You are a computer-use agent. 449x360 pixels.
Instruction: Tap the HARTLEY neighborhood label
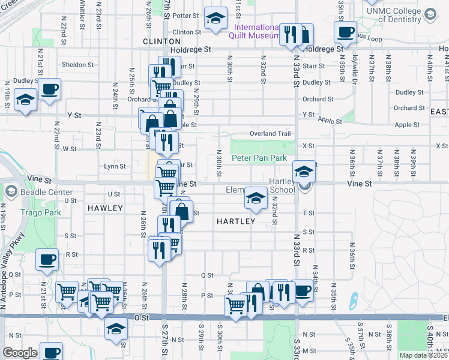[235, 221]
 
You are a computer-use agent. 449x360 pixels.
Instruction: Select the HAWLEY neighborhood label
[105, 208]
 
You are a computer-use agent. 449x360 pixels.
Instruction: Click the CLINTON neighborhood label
[157, 41]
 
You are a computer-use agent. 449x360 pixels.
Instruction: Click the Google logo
[20, 353]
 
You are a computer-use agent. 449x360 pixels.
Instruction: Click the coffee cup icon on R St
[47, 260]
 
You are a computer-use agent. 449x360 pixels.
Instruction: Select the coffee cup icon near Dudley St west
[50, 89]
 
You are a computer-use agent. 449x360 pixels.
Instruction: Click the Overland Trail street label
[270, 133]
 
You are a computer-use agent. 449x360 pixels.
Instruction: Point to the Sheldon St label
[77, 65]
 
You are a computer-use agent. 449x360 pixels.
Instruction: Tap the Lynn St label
[115, 166]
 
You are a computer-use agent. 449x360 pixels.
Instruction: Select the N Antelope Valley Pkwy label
[13, 270]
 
